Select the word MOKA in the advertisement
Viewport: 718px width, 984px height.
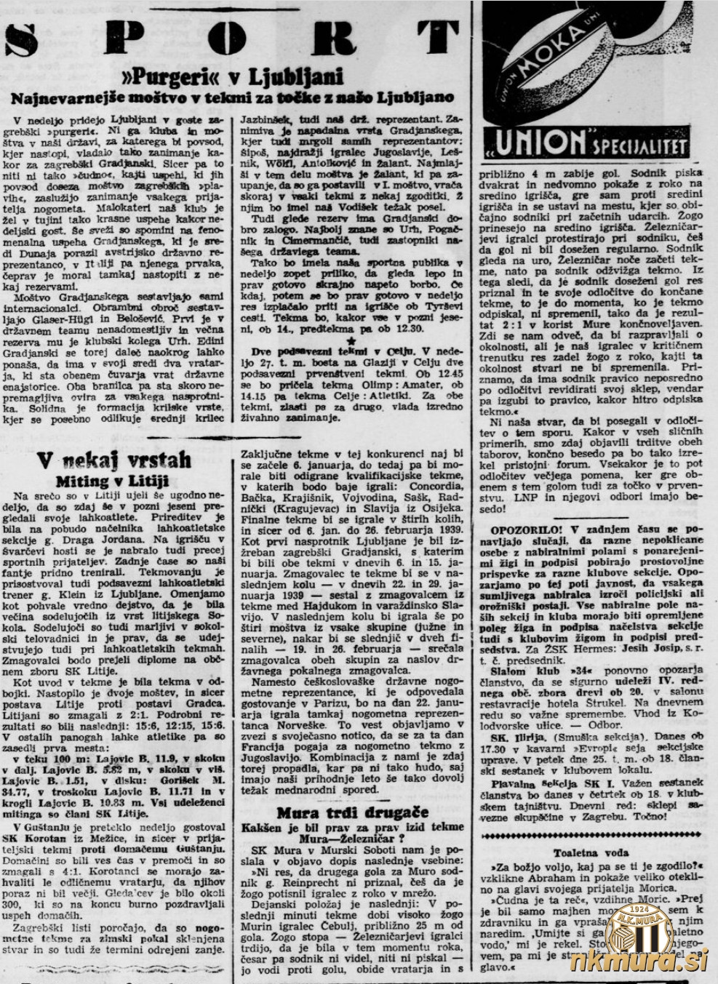560,42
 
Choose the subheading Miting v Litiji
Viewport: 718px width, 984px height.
112,481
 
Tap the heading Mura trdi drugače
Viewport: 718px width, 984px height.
352,812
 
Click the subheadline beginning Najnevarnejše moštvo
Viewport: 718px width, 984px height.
232,97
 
